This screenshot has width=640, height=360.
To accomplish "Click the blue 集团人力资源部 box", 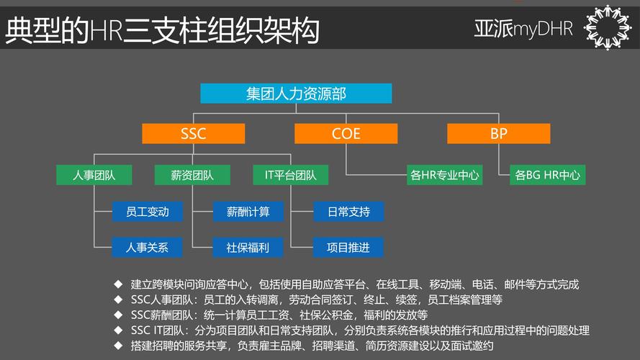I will click(x=295, y=94).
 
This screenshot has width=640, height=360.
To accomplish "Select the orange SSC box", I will click(x=194, y=133).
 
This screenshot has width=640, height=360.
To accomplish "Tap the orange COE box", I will click(x=346, y=133).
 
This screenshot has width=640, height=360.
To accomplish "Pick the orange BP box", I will click(x=499, y=133).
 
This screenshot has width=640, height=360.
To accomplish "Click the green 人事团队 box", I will click(x=94, y=175).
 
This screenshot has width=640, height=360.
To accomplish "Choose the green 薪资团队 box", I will click(x=192, y=175).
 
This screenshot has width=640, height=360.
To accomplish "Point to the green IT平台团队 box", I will click(x=291, y=175).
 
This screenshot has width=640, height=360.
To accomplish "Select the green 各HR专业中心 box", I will click(x=446, y=175).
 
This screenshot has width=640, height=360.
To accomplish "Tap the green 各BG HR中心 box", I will click(x=548, y=175).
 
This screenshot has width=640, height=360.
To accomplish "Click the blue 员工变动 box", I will click(x=148, y=212).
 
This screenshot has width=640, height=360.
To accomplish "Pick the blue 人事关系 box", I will click(x=148, y=248).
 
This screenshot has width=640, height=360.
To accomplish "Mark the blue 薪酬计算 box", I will click(x=248, y=212).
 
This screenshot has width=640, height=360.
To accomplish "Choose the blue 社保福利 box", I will click(x=248, y=248).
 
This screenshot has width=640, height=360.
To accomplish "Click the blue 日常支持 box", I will click(x=348, y=212).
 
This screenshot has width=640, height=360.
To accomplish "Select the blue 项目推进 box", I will click(x=348, y=248).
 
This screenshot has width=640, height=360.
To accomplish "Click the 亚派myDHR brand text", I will click(x=523, y=29).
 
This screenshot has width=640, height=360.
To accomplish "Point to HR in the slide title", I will click(x=106, y=31).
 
